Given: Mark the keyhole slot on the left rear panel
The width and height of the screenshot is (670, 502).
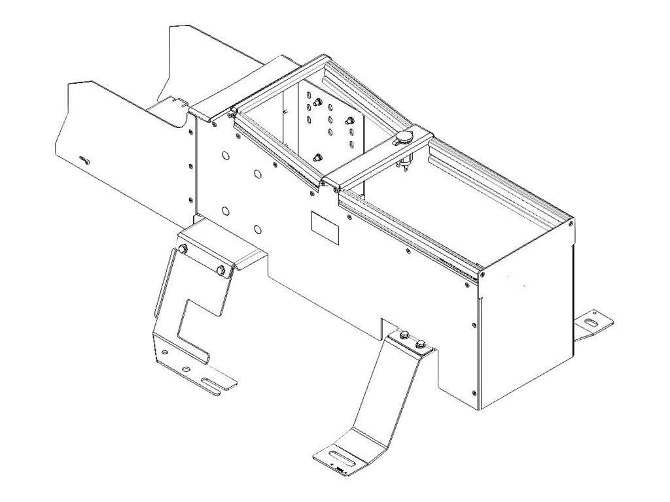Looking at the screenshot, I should coord(83,161).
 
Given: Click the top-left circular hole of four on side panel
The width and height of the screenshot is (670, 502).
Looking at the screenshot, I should coord(225,156).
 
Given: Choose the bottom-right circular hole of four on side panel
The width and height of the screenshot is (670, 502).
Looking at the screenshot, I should coord(258,229).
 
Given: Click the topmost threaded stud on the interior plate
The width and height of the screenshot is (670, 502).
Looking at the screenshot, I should coord(317,102).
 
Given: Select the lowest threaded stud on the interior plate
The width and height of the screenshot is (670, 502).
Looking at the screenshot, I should coord(318,156).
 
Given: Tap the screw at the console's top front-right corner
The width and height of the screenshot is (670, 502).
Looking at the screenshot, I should coord(482,275).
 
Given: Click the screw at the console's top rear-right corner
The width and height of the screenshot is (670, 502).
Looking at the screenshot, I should coord(571,224).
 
